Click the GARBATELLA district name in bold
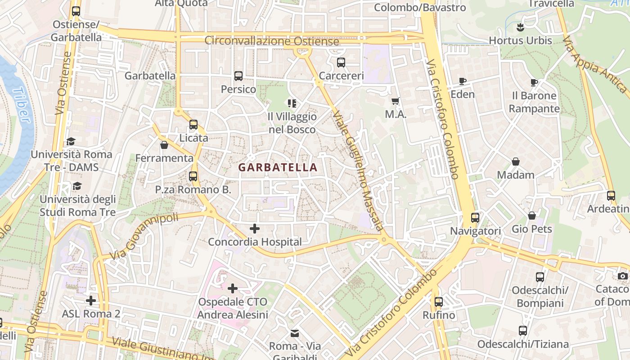pyautogui.click(x=278, y=167)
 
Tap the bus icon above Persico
pyautogui.click(x=238, y=76)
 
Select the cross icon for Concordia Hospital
pyautogui.click(x=255, y=229)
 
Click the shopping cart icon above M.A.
pyautogui.click(x=396, y=102)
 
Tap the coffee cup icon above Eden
pyautogui.click(x=462, y=81)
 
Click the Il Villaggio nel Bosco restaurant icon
pyautogui.click(x=292, y=103)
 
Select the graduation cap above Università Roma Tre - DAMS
pyautogui.click(x=71, y=141)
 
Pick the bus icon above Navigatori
pyautogui.click(x=475, y=218)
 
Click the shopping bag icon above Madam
pyautogui.click(x=516, y=162)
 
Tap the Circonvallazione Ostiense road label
pyautogui.click(x=271, y=41)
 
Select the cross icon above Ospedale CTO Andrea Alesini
pyautogui.click(x=233, y=288)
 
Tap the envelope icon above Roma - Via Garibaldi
pyautogui.click(x=294, y=333)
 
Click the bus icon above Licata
pyautogui.click(x=193, y=125)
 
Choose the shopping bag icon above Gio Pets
pyautogui.click(x=532, y=216)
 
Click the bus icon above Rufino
pyautogui.click(x=439, y=302)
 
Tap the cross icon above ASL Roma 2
pyautogui.click(x=91, y=300)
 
